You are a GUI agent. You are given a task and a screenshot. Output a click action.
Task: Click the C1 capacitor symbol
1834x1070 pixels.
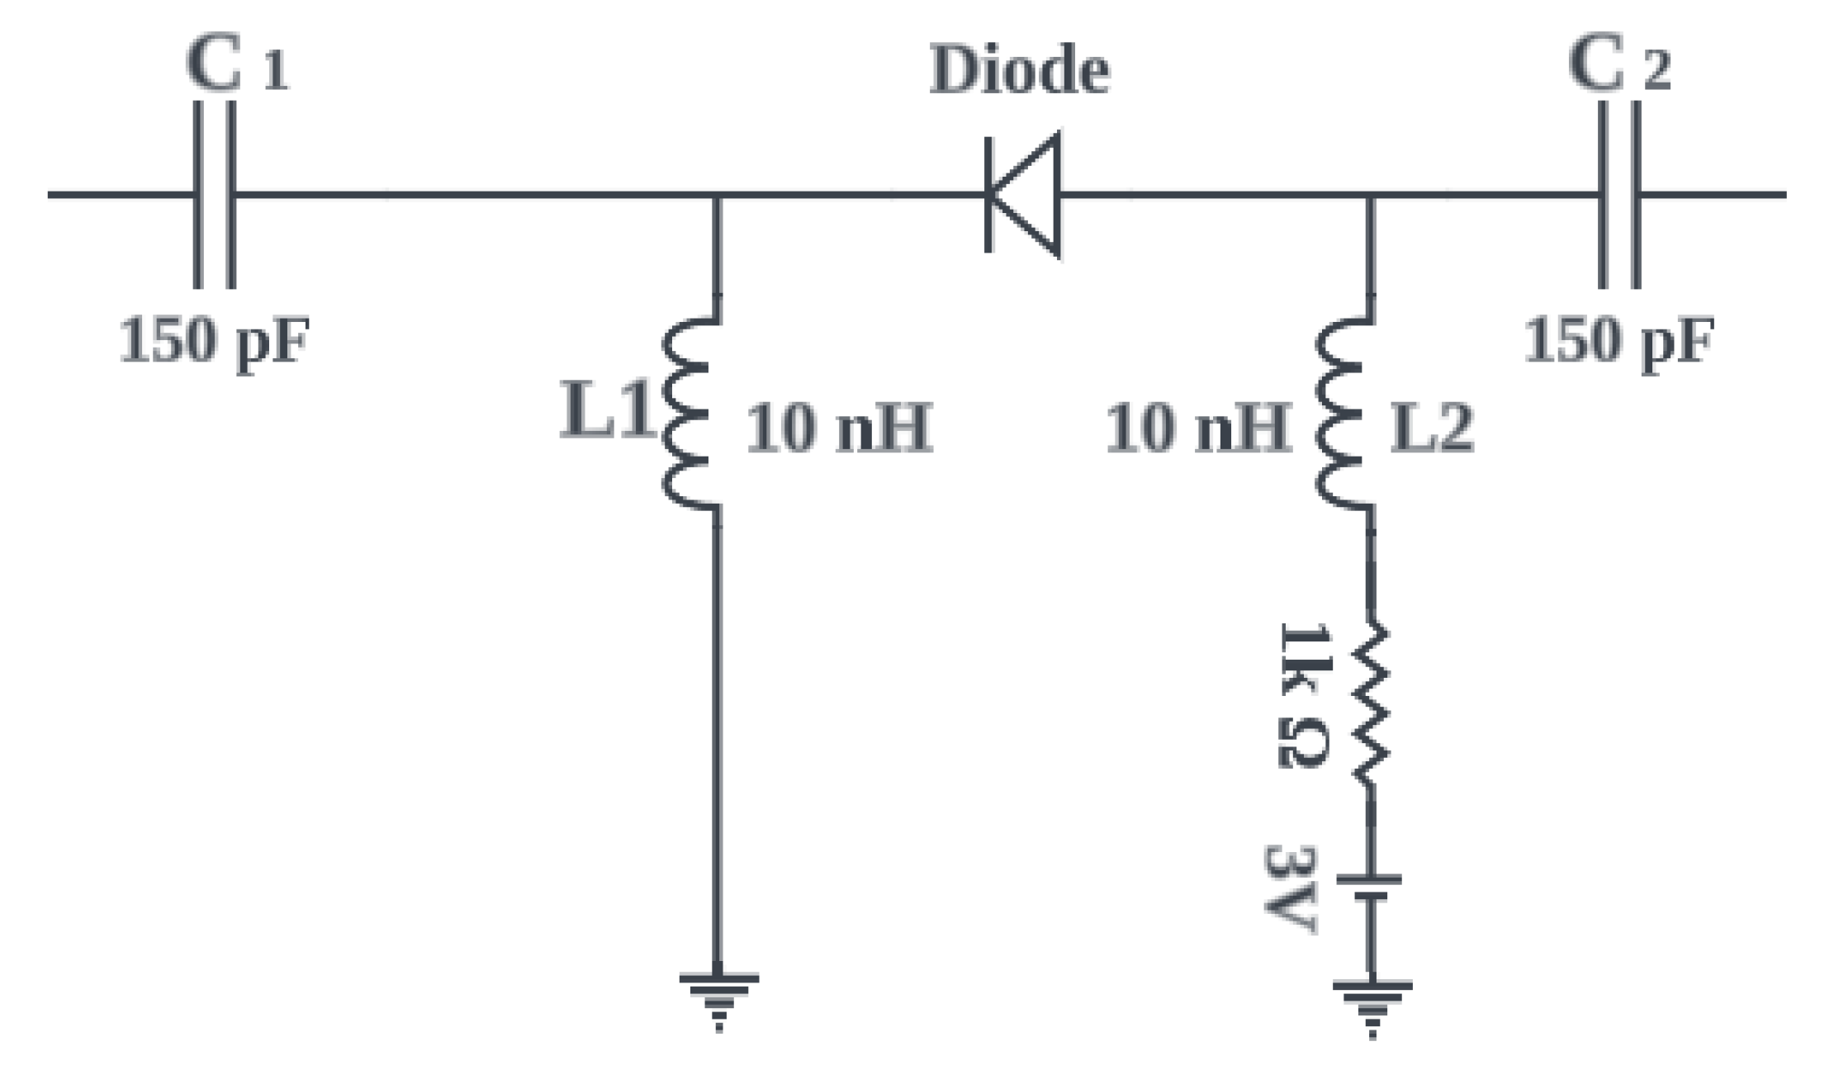coord(214,195)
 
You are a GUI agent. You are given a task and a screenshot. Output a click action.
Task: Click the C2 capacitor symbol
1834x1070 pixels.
coord(1618,195)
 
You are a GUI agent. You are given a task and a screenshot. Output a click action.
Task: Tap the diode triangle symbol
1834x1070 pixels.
coord(1024,195)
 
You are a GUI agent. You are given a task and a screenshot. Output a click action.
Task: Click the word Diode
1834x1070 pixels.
coord(1020,71)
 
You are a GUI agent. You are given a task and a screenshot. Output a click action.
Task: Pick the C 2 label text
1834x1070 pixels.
coord(1619,64)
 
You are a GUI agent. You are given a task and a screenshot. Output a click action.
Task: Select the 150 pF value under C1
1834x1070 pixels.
coord(214,340)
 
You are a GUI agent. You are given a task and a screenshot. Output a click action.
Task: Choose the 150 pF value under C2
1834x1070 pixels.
coord(1618,340)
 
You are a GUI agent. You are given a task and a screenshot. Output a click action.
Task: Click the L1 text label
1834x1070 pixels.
coord(607,411)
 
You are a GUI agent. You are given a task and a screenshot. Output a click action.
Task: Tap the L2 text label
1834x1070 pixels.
coord(1432,428)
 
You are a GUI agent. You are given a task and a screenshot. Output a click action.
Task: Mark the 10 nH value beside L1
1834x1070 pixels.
coord(839,428)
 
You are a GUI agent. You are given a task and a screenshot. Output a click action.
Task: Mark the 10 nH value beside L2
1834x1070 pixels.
coord(1198,428)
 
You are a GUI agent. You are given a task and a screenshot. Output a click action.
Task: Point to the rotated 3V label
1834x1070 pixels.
coord(1290,888)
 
